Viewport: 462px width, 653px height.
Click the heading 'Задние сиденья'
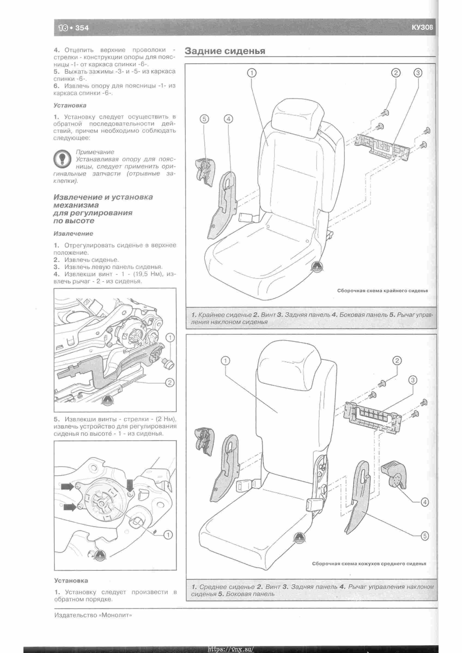[225, 51]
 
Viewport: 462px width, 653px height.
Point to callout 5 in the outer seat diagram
[204, 119]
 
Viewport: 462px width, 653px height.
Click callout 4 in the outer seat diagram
[228, 119]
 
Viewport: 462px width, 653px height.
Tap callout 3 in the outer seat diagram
[418, 73]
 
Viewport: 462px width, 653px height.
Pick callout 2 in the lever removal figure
[170, 383]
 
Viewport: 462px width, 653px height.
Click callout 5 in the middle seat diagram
[424, 536]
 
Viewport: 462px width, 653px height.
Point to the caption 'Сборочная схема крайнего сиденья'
[382, 291]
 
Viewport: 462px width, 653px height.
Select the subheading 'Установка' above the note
[70, 105]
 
